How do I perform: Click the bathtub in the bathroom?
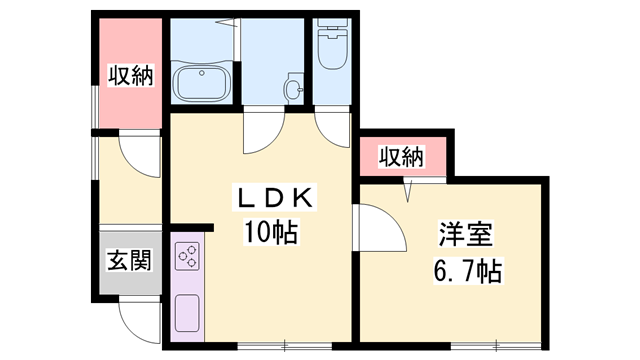tap(202, 81)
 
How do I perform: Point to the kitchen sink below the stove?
tap(186, 315)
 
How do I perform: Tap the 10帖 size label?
tap(268, 234)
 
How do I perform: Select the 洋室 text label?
tap(465, 235)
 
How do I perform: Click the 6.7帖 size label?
tap(468, 270)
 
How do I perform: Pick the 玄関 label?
tap(129, 262)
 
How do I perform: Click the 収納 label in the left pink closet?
tap(130, 75)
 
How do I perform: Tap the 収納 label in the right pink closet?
tap(401, 157)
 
